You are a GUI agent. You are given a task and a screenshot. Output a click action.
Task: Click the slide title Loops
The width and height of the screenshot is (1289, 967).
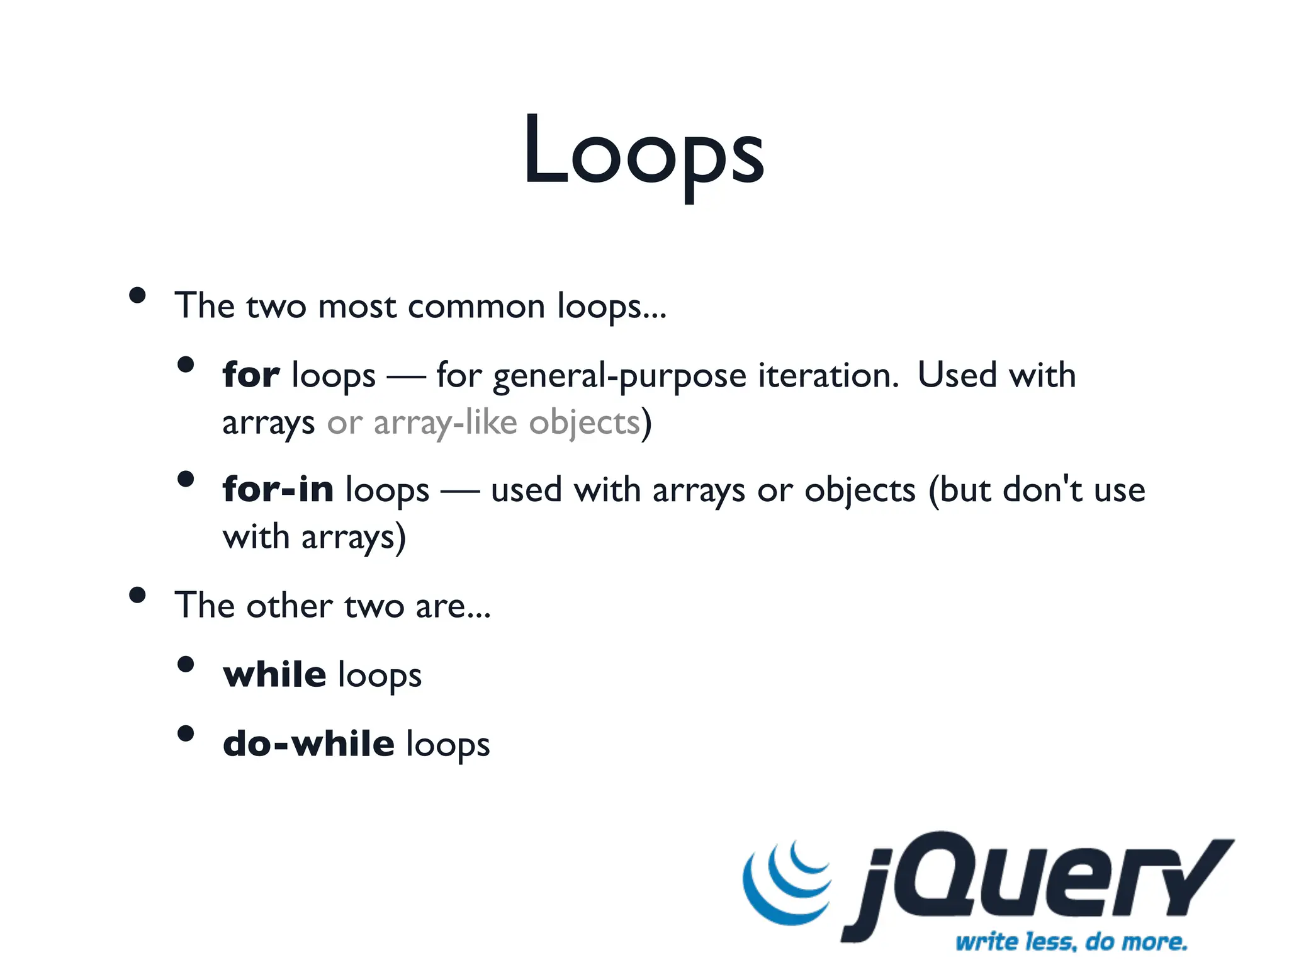[x=643, y=151]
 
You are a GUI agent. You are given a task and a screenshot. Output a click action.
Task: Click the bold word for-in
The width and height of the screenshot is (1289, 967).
[x=278, y=489]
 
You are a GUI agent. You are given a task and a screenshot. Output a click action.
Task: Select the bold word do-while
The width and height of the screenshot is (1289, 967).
[x=308, y=744]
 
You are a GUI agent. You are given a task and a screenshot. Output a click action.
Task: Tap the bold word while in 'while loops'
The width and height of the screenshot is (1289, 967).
[x=274, y=674]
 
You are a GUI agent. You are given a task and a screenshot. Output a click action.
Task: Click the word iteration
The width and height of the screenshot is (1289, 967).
[x=828, y=375]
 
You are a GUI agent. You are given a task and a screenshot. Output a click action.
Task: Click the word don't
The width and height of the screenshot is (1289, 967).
[x=1042, y=489]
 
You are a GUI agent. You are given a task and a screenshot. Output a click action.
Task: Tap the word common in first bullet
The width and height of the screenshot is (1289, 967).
[x=476, y=307]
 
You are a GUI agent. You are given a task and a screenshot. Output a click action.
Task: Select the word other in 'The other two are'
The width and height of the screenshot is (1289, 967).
[x=289, y=606]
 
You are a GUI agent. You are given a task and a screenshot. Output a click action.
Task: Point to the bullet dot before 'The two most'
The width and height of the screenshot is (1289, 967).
[x=137, y=295]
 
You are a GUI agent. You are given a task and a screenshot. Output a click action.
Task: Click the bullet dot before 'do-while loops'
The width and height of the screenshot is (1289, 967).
[x=186, y=733]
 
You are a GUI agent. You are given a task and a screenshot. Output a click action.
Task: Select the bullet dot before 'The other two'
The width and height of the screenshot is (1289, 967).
[x=137, y=595]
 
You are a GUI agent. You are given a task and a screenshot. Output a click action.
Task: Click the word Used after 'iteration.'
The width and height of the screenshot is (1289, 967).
[x=957, y=375]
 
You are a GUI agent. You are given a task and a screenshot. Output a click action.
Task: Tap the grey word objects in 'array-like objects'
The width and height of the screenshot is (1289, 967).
[x=584, y=423]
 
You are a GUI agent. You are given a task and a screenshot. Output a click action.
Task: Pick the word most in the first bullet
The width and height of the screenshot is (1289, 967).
[x=357, y=307]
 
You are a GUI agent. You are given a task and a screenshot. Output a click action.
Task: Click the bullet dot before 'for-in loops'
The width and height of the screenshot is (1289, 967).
[x=186, y=479]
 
